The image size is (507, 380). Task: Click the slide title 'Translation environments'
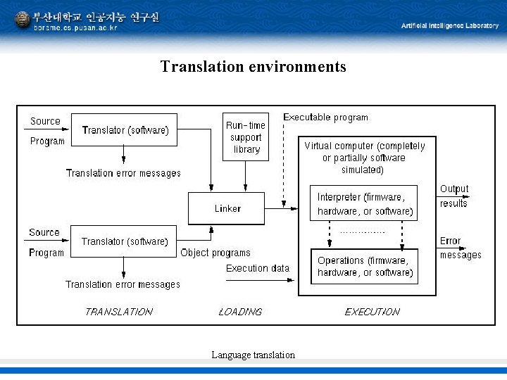[x=253, y=67]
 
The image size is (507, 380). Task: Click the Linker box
[x=226, y=208]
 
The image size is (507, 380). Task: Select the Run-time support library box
[x=245, y=137]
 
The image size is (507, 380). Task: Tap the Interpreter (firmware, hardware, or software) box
[x=363, y=203]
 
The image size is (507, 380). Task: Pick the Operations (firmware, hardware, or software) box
[x=364, y=267]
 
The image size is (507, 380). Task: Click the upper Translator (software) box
[x=125, y=130]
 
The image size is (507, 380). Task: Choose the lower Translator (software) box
[x=125, y=241]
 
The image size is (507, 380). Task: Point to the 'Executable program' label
[x=325, y=117]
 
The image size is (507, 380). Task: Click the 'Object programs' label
[x=215, y=253]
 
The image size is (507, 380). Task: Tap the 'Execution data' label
[x=258, y=268]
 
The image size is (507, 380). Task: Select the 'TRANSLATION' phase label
[x=118, y=311]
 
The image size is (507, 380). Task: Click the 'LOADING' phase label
[x=240, y=311]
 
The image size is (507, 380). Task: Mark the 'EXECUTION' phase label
[x=372, y=311]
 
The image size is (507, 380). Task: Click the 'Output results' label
[x=453, y=196]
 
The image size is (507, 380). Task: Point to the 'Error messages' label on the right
[x=460, y=248]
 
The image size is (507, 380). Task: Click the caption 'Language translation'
[x=253, y=355]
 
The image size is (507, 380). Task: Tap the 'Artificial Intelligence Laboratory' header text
[x=449, y=25]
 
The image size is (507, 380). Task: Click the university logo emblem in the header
[x=23, y=19]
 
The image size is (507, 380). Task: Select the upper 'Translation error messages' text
[x=123, y=173]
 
